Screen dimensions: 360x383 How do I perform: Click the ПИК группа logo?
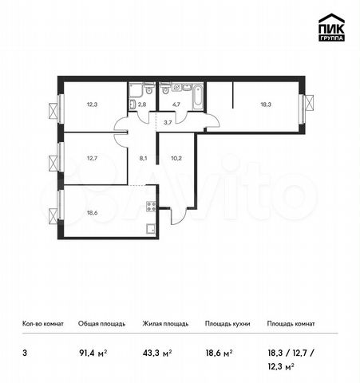[331, 27]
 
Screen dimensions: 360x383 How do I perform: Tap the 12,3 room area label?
[92, 105]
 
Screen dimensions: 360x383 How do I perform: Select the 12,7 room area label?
[92, 158]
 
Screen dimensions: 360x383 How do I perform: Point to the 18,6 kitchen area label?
[92, 212]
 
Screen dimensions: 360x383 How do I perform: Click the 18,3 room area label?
[266, 105]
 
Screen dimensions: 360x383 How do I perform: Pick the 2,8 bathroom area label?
[142, 105]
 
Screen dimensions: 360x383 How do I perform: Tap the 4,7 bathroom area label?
[176, 105]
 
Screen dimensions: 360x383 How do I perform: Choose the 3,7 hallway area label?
[168, 123]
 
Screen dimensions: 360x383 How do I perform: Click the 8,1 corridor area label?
[143, 158]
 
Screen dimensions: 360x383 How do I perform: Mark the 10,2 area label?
[176, 158]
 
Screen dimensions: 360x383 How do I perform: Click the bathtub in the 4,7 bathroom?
[197, 97]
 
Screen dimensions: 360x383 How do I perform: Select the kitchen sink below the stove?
[151, 229]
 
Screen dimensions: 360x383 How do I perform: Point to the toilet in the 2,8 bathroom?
[149, 89]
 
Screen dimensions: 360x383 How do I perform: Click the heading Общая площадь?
[101, 324]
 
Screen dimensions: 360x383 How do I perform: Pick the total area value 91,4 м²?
[93, 353]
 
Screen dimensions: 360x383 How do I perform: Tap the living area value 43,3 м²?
[157, 353]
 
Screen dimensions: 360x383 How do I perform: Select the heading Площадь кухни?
[227, 324]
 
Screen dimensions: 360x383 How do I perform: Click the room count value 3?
[25, 353]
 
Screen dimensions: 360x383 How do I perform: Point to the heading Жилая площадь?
[165, 324]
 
